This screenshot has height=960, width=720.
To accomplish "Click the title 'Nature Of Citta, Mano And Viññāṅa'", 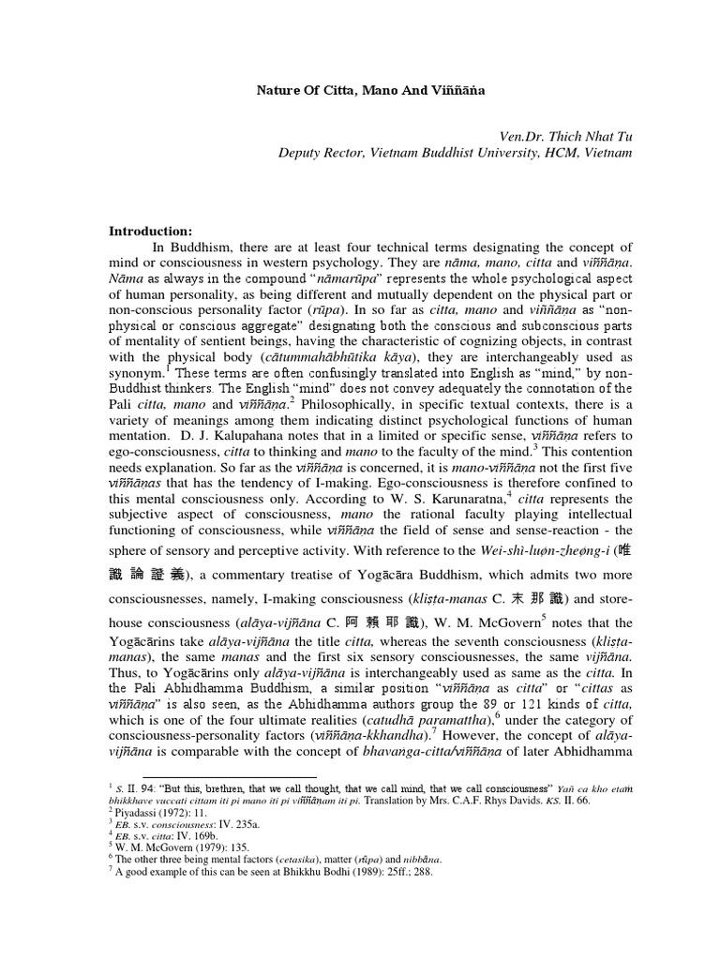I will click(x=371, y=92).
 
